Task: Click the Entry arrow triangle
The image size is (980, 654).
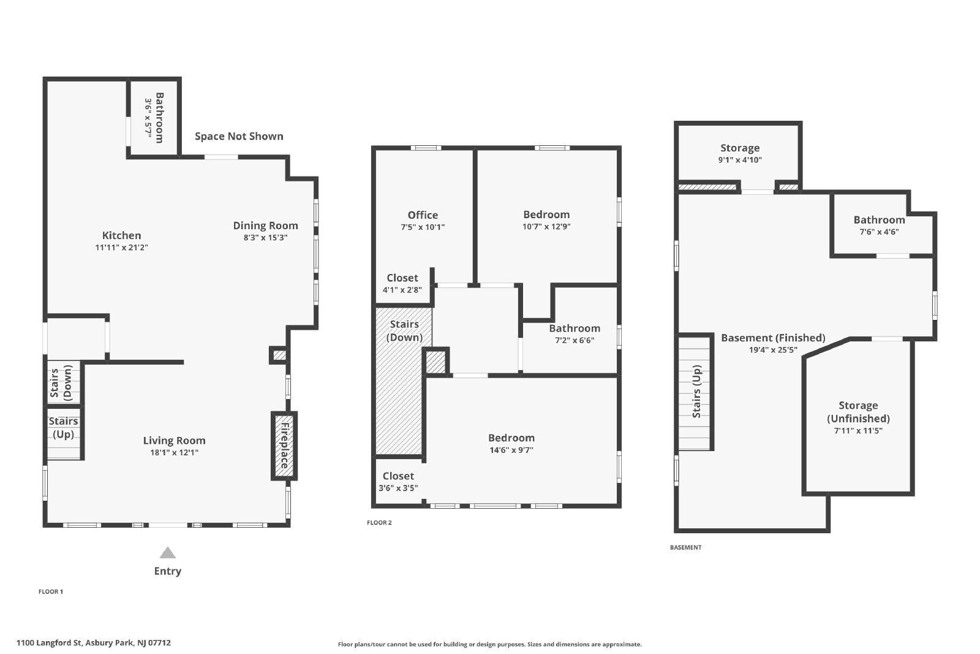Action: pos(168,553)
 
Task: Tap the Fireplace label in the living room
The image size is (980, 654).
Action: pos(284,446)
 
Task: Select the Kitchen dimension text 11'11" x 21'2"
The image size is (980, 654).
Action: pos(122,248)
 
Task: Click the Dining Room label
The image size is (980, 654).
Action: pos(266,226)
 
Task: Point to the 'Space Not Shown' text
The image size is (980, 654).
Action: pos(239,136)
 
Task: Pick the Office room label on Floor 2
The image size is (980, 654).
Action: pos(423,215)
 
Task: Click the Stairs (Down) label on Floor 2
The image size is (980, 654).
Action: pos(404,330)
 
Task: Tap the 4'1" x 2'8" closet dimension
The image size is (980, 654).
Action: pos(402,290)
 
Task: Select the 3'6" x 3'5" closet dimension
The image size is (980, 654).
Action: pos(398,488)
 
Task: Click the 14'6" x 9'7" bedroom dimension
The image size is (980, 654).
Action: pos(511,450)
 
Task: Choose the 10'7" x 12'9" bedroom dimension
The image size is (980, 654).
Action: pos(546,226)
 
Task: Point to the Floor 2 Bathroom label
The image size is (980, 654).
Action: pos(575,329)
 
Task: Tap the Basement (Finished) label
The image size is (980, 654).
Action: pos(773,338)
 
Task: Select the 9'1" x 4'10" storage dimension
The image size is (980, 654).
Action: pos(740,160)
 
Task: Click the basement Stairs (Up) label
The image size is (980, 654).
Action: pos(697,391)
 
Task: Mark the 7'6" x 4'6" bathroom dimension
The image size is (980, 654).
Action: pos(880,232)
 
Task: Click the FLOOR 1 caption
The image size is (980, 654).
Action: pos(51,591)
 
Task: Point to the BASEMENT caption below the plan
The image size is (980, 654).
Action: pos(685,547)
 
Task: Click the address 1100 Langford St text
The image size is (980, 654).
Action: pos(49,642)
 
